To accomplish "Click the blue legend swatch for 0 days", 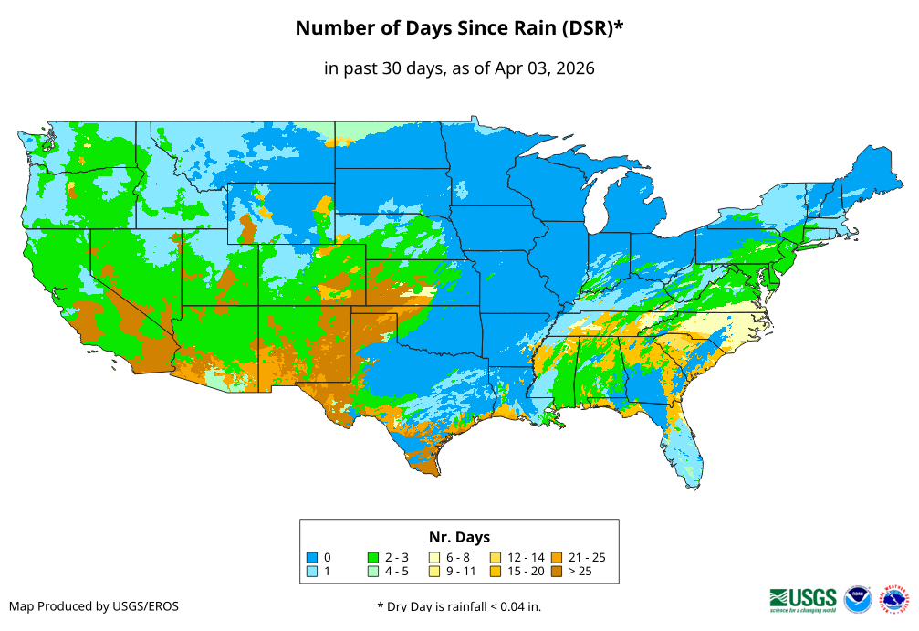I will click(312, 557).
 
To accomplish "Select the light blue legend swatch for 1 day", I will click(312, 572).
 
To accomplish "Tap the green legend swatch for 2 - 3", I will click(373, 557).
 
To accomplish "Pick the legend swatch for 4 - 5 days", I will click(373, 572).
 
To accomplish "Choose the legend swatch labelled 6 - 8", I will click(434, 557).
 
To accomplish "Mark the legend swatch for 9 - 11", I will click(434, 572).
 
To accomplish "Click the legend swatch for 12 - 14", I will click(496, 557).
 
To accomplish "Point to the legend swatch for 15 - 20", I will click(496, 572).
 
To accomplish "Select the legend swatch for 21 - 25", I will click(557, 557).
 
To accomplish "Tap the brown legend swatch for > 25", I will click(557, 572).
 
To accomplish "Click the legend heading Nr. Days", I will click(459, 537).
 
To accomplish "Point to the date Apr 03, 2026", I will click(545, 68).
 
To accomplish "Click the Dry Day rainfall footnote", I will click(458, 606).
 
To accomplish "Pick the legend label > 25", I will click(580, 572).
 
